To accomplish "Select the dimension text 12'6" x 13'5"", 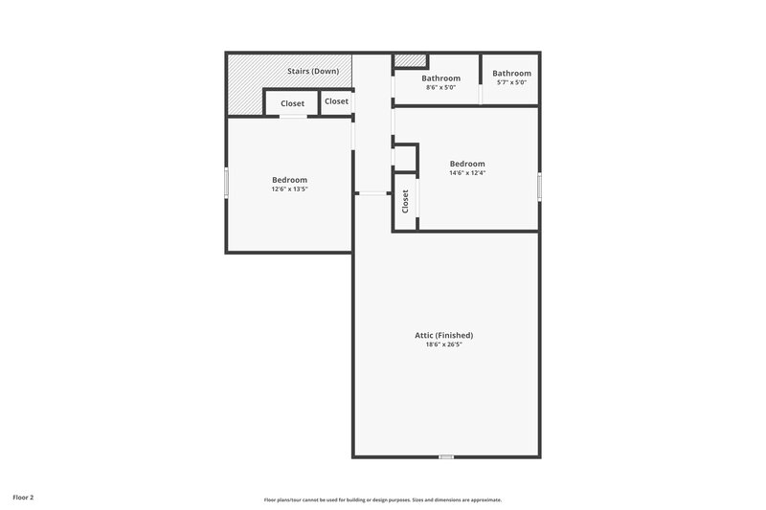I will tap(289, 189).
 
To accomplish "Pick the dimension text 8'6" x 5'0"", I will tap(440, 87).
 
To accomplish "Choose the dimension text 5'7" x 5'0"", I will tap(511, 82).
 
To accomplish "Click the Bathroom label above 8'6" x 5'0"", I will tap(441, 78).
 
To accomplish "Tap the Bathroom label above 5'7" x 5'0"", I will tap(511, 74).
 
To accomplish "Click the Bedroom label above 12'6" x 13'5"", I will tap(289, 180).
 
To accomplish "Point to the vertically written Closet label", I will tap(405, 200).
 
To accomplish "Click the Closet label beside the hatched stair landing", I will tap(292, 103).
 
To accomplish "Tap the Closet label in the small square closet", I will tap(336, 101).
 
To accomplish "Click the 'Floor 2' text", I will tap(23, 498).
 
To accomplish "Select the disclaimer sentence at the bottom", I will tap(383, 499).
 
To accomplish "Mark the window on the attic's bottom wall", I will tap(445, 457).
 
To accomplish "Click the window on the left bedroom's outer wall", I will tap(226, 183).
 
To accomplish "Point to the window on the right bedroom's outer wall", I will tap(539, 186).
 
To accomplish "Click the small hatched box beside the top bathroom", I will tap(409, 61).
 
